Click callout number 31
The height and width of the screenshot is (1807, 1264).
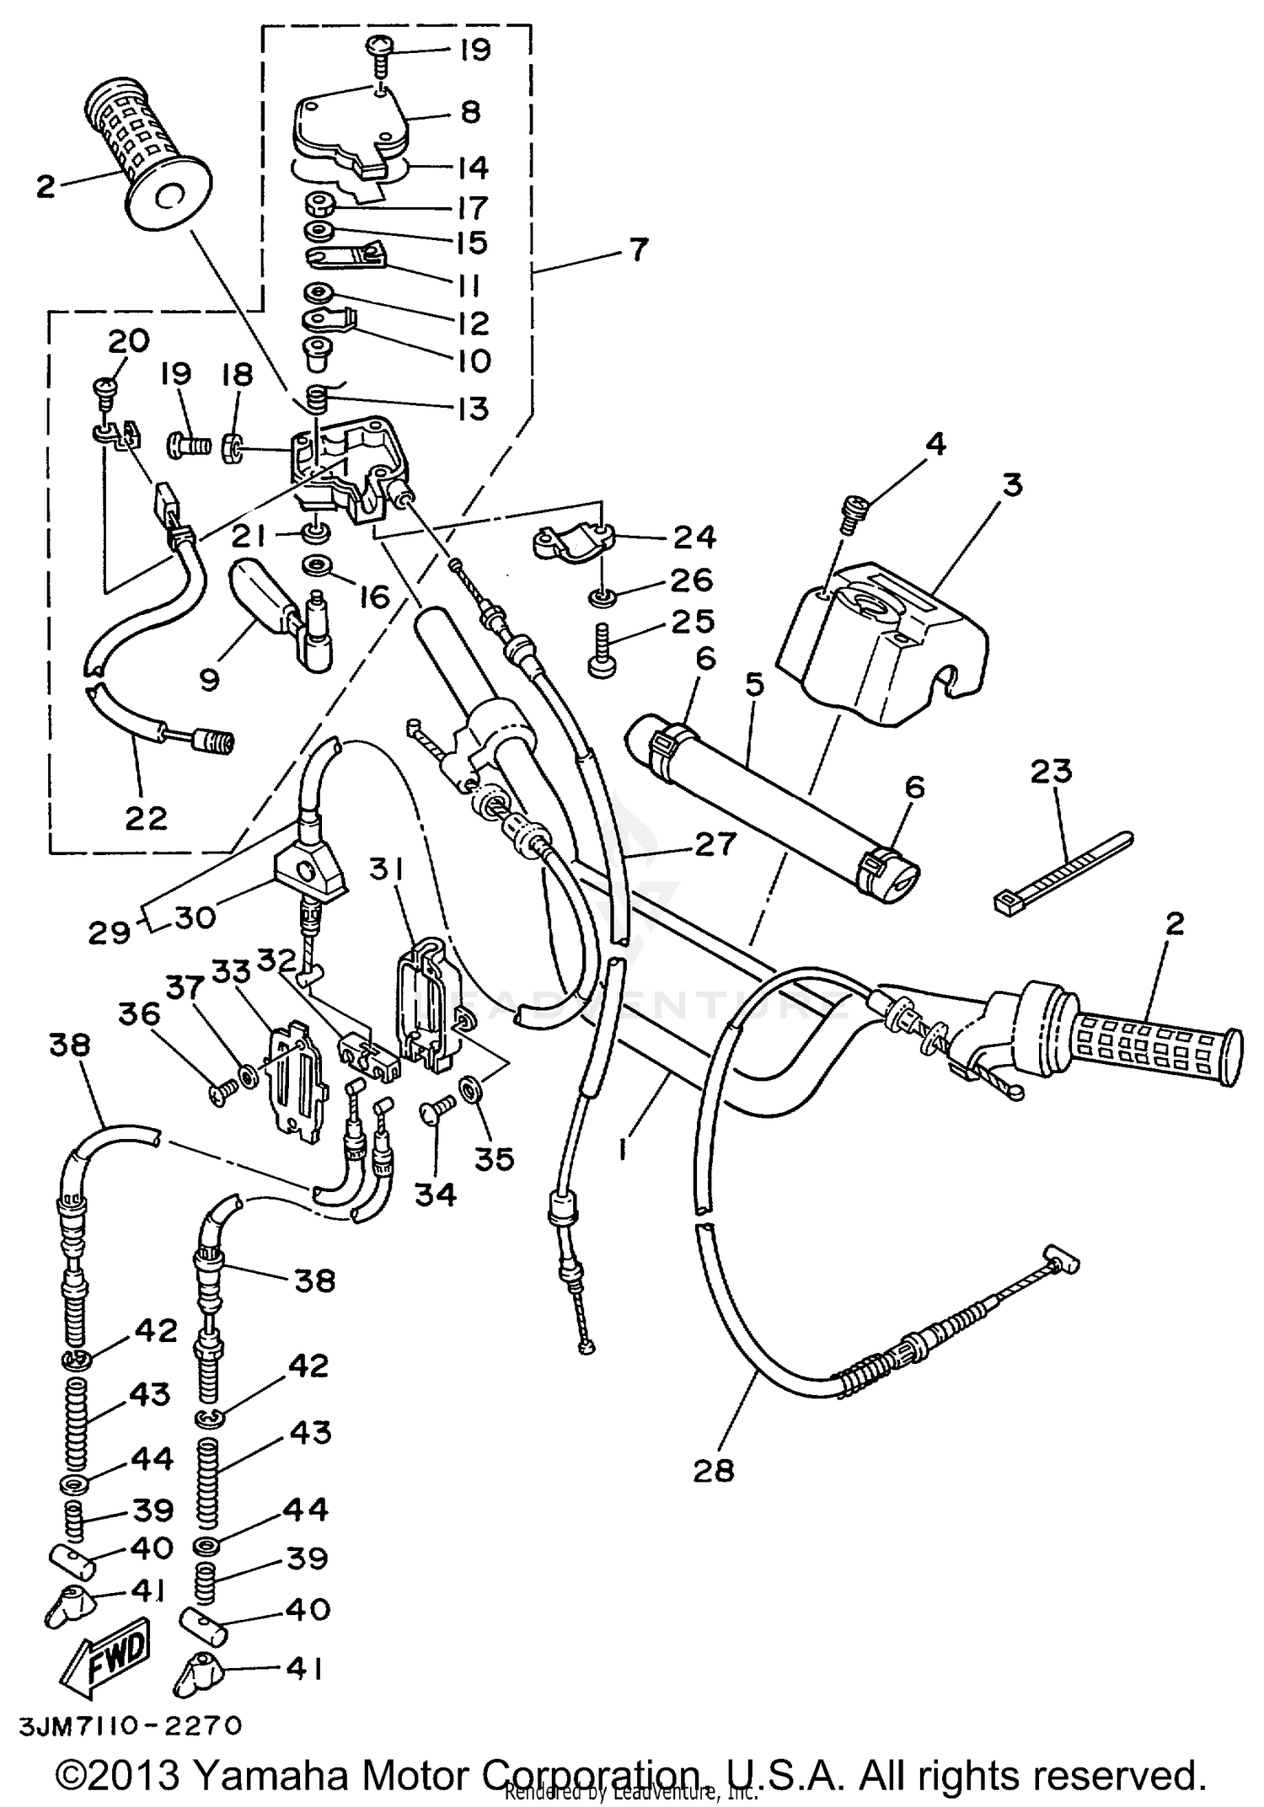click(x=387, y=869)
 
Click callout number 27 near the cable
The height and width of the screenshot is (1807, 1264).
click(x=715, y=844)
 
